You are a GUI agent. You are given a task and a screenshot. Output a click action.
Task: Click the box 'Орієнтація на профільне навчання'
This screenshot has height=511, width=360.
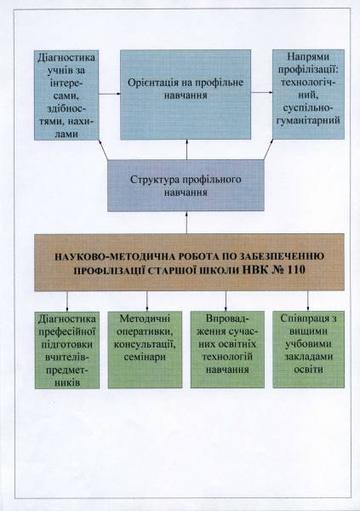tap(186, 95)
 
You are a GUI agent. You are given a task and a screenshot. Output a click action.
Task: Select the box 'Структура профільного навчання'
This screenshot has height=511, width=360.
tap(186, 186)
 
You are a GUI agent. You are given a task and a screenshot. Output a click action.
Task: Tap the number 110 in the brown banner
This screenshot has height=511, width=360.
tap(296, 270)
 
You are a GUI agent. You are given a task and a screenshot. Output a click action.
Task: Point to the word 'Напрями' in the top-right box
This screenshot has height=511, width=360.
tap(308, 56)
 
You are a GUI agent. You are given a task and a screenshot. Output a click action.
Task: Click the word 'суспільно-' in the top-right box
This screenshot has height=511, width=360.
tap(308, 107)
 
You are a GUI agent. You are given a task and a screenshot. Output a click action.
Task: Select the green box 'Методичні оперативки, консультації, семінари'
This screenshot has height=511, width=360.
tap(145, 350)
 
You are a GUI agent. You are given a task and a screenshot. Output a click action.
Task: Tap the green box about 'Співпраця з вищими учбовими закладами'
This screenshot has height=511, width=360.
tap(308, 350)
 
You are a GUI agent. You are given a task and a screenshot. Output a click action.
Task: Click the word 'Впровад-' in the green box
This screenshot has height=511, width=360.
tap(227, 319)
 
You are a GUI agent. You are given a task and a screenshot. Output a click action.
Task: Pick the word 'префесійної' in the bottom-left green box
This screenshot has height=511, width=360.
tap(67, 331)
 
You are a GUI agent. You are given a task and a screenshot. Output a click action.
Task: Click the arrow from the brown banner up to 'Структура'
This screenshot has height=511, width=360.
tap(186, 222)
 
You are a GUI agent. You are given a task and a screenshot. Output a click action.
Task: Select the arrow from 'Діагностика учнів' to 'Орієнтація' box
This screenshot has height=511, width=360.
tap(110, 95)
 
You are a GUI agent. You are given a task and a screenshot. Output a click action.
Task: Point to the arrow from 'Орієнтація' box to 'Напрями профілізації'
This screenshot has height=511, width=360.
tap(262, 92)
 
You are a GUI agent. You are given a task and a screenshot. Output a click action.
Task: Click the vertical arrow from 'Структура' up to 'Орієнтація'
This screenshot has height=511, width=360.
tap(186, 150)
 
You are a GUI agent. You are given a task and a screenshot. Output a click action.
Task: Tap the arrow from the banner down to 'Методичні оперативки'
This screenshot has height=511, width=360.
tap(147, 301)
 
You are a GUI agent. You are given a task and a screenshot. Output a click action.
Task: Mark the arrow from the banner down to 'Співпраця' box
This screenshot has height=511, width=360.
tap(308, 301)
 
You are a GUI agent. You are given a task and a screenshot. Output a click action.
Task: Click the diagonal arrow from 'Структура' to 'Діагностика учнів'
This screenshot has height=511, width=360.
tap(103, 150)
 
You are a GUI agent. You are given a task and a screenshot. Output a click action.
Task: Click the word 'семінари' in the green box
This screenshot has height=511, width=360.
tap(145, 358)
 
